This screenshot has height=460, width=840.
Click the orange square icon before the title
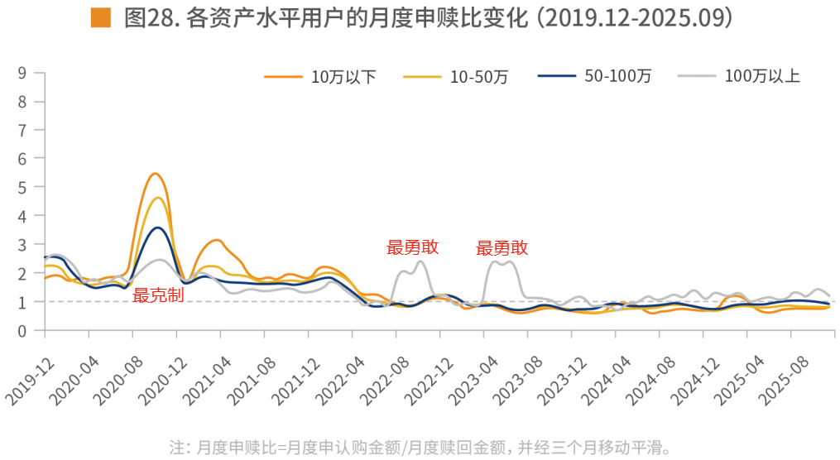tap(100, 17)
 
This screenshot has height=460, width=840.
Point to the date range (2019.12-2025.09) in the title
tap(635, 18)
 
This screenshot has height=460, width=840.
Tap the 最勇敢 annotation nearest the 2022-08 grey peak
tap(412, 247)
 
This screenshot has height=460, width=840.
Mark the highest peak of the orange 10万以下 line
tap(155, 174)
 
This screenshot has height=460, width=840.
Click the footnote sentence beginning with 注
tap(419, 448)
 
